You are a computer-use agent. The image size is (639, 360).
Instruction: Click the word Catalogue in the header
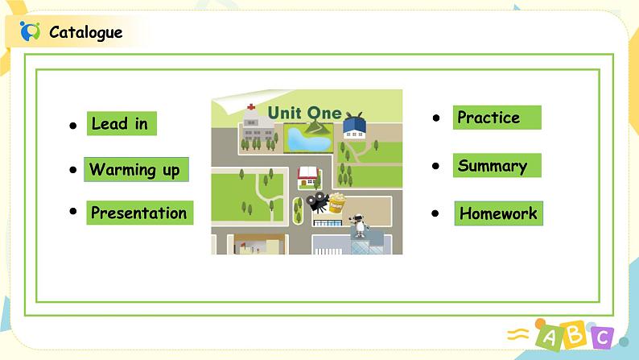click(x=86, y=32)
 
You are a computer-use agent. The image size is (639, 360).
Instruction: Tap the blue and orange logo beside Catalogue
click(x=30, y=31)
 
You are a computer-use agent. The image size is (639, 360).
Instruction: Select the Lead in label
click(x=121, y=123)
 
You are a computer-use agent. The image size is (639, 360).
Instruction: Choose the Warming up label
click(x=135, y=169)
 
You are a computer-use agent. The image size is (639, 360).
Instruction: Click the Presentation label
click(x=139, y=213)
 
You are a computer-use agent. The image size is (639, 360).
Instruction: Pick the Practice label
click(x=489, y=118)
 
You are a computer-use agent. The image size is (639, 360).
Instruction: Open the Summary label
click(x=493, y=166)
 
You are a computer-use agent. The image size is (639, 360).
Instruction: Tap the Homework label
click(x=498, y=213)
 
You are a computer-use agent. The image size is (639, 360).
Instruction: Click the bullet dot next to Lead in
click(x=72, y=126)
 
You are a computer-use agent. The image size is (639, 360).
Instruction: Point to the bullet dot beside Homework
click(x=435, y=213)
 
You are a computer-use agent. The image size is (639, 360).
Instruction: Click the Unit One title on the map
click(x=304, y=112)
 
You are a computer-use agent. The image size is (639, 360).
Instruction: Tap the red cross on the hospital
click(x=251, y=106)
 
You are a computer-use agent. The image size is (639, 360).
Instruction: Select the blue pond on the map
click(x=307, y=139)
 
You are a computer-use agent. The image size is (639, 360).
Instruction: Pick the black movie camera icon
click(x=317, y=201)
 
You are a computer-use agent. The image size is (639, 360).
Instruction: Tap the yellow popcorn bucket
click(x=336, y=201)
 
